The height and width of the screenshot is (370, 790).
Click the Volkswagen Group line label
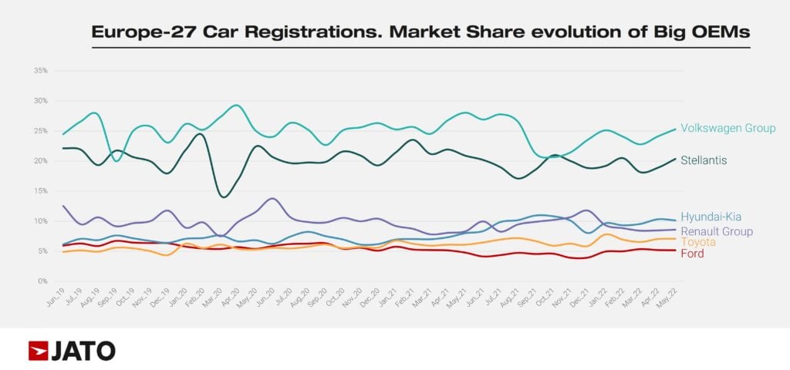coord(728,128)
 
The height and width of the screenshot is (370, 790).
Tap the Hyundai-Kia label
coord(711,217)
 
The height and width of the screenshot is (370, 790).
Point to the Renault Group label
coord(717,231)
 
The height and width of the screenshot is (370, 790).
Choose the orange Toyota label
coord(697,242)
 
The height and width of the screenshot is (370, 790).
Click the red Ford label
coord(692,254)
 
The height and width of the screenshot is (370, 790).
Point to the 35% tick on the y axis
coord(41,71)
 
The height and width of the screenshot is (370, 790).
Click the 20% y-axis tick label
coord(41,161)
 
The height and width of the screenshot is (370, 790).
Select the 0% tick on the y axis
coord(43,281)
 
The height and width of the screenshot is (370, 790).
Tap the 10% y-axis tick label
coord(41,221)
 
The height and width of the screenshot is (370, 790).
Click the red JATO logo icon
coord(38,351)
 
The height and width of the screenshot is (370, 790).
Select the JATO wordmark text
coord(83,351)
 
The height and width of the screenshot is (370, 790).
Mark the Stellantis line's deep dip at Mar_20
coord(224,197)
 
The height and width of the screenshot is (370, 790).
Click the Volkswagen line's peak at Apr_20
coord(237,106)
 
